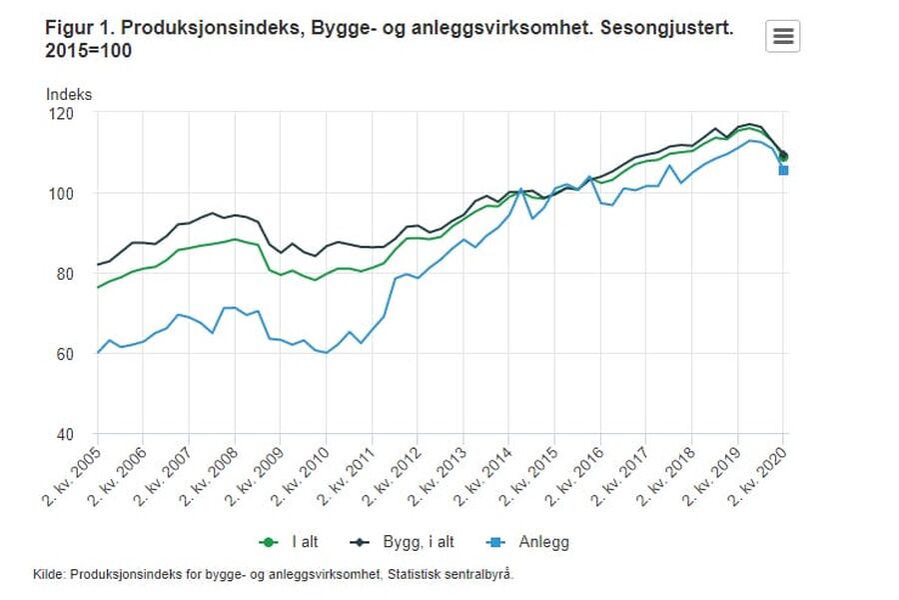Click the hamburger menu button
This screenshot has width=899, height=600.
pyautogui.click(x=783, y=36)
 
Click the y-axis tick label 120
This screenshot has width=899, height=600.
pyautogui.click(x=61, y=113)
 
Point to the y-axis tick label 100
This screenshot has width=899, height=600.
pyautogui.click(x=61, y=193)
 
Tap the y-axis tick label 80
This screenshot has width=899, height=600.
pyautogui.click(x=64, y=274)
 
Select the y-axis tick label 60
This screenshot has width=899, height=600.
pyautogui.click(x=64, y=354)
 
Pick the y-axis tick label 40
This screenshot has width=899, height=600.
pyautogui.click(x=64, y=434)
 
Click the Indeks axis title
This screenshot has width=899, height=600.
pyautogui.click(x=69, y=94)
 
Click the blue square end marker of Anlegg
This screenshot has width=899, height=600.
pyautogui.click(x=783, y=170)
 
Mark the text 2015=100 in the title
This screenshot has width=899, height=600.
pyautogui.click(x=88, y=51)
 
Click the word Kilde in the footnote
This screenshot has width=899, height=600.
pyautogui.click(x=49, y=574)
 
